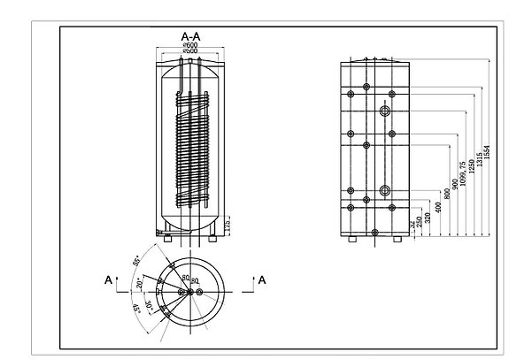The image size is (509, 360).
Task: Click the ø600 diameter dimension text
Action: [x=189, y=45]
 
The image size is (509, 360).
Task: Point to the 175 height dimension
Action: [x=227, y=227]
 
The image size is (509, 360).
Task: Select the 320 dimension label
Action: [x=428, y=218]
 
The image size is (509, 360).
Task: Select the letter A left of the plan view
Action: [x=109, y=280]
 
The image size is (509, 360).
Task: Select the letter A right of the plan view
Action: [x=262, y=280]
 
